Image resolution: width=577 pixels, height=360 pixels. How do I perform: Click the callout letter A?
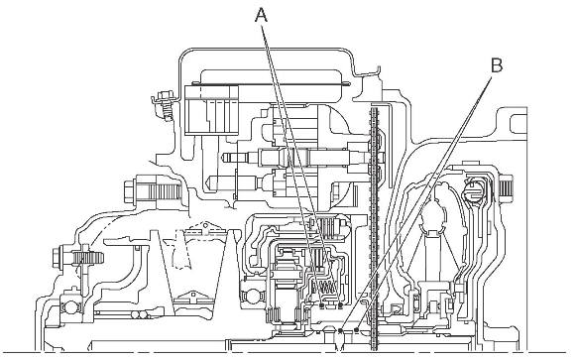[261, 16]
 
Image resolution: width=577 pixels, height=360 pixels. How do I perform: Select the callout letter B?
[497, 65]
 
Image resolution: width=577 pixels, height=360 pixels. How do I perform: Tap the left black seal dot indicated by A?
[323, 305]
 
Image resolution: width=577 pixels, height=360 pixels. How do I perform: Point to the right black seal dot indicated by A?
[340, 305]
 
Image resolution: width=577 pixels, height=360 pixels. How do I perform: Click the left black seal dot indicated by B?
[341, 330]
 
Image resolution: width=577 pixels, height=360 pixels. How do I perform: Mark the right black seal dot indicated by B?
[356, 328]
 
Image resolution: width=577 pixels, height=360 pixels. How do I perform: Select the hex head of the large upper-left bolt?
[130, 191]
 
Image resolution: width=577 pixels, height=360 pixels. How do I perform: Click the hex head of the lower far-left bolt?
[58, 258]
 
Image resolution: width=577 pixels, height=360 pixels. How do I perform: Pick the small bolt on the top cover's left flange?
[165, 104]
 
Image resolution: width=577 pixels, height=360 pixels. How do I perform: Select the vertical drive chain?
[374, 228]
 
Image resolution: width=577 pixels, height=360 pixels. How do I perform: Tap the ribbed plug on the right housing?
[507, 187]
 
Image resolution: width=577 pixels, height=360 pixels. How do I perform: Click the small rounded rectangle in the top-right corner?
[519, 124]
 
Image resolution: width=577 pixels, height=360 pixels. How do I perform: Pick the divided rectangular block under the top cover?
[211, 110]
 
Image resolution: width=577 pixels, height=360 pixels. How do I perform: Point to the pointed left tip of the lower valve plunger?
[208, 181]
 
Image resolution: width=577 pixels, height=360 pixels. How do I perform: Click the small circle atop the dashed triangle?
[205, 223]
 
